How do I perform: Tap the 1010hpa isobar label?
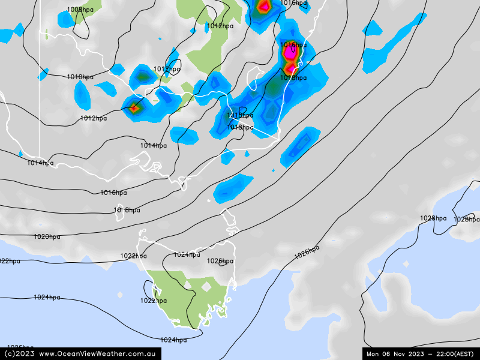[80, 77]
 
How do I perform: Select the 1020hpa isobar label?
[47, 236]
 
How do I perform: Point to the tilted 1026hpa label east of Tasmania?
[307, 253]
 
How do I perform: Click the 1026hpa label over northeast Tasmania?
[220, 261]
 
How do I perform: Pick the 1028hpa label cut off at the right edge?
[466, 220]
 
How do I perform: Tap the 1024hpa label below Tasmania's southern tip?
[173, 340]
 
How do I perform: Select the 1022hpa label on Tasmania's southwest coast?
[154, 301]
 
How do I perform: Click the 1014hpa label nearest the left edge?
[40, 163]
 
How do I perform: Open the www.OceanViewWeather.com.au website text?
[98, 354]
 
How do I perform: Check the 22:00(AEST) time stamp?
[449, 354]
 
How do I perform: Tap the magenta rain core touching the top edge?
[263, 7]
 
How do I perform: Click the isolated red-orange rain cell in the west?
[133, 109]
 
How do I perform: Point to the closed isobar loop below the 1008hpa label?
[81, 27]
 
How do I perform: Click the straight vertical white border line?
[40, 90]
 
